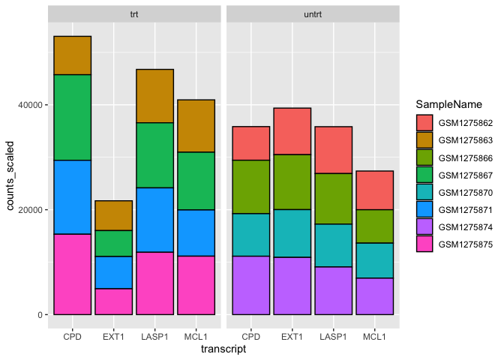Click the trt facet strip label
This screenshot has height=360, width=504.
(x=134, y=13)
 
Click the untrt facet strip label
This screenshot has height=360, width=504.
(x=313, y=13)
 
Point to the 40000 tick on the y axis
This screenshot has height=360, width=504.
(x=33, y=105)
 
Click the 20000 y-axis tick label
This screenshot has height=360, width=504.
(x=33, y=210)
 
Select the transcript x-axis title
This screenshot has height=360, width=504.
(x=223, y=348)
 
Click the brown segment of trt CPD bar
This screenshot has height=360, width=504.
(x=72, y=55)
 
